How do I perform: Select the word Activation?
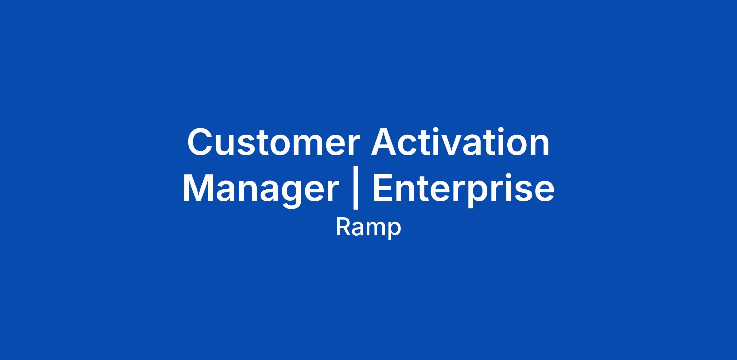click(x=460, y=142)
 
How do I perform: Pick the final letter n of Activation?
click(x=540, y=146)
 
